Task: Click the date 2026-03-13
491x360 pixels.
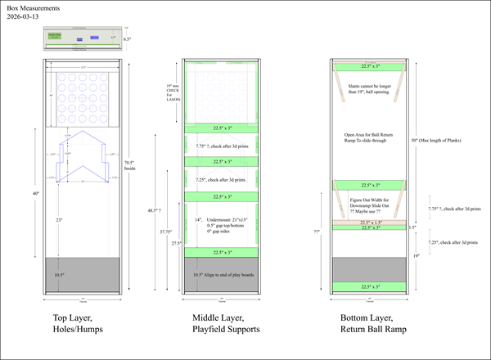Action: (x=22, y=16)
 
